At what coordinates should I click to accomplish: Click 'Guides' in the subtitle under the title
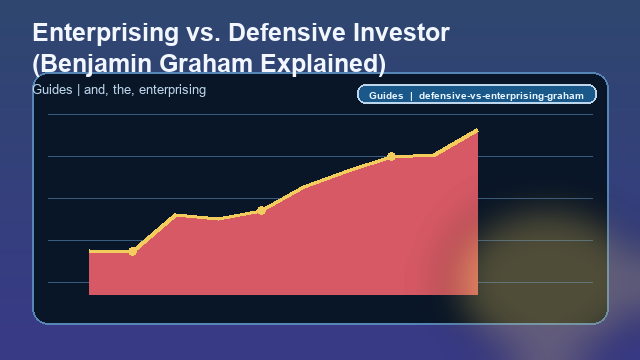pos(52,90)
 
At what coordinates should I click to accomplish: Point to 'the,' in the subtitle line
pos(125,90)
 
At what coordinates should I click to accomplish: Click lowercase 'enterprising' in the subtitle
pos(173,90)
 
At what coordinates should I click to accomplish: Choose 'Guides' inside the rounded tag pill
pos(385,96)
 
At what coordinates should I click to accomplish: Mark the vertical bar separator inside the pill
pos(411,96)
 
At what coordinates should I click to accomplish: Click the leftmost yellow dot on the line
pos(133,251)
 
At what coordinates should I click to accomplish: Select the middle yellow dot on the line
pos(261,210)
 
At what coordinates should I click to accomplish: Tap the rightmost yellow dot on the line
pos(391,156)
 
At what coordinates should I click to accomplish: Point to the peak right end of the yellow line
pos(477,130)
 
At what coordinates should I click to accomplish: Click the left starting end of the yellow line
pos(90,251)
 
